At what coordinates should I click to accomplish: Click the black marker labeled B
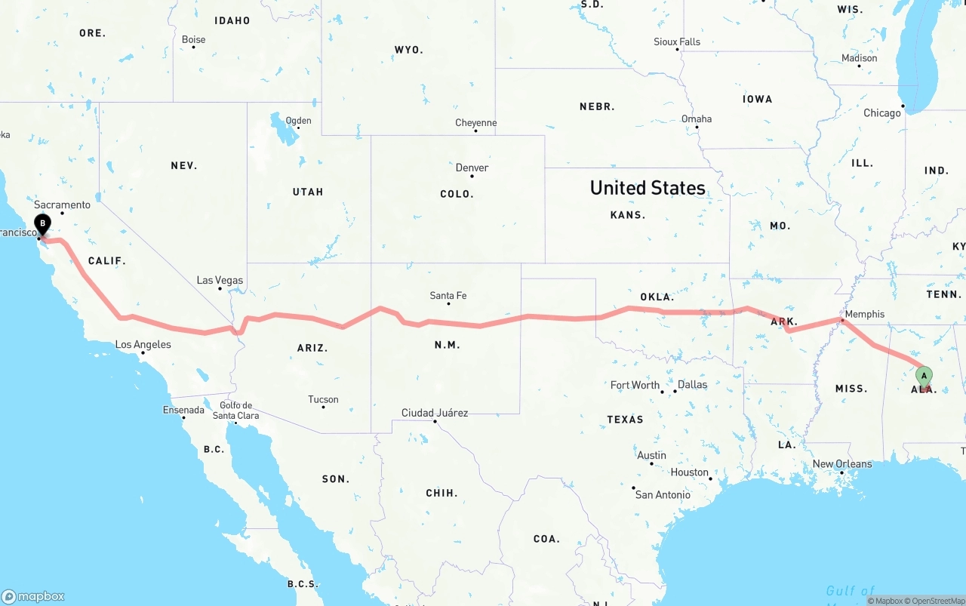43,223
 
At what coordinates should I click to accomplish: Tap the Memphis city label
865,314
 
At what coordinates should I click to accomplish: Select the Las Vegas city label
220,280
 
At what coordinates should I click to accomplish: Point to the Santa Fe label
448,295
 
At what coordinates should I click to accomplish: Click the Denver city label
472,168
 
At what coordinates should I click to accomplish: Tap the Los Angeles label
143,345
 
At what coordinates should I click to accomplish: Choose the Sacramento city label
62,205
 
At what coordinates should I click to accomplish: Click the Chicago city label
881,113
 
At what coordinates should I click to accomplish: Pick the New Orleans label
842,464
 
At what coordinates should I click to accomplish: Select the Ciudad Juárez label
435,413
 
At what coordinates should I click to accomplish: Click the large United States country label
648,188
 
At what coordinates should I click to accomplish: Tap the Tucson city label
323,399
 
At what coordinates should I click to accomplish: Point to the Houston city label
690,472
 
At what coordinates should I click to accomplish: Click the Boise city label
193,39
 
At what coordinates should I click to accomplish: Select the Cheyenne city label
475,123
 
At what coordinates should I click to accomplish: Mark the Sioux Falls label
676,42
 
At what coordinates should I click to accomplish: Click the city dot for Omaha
697,127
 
